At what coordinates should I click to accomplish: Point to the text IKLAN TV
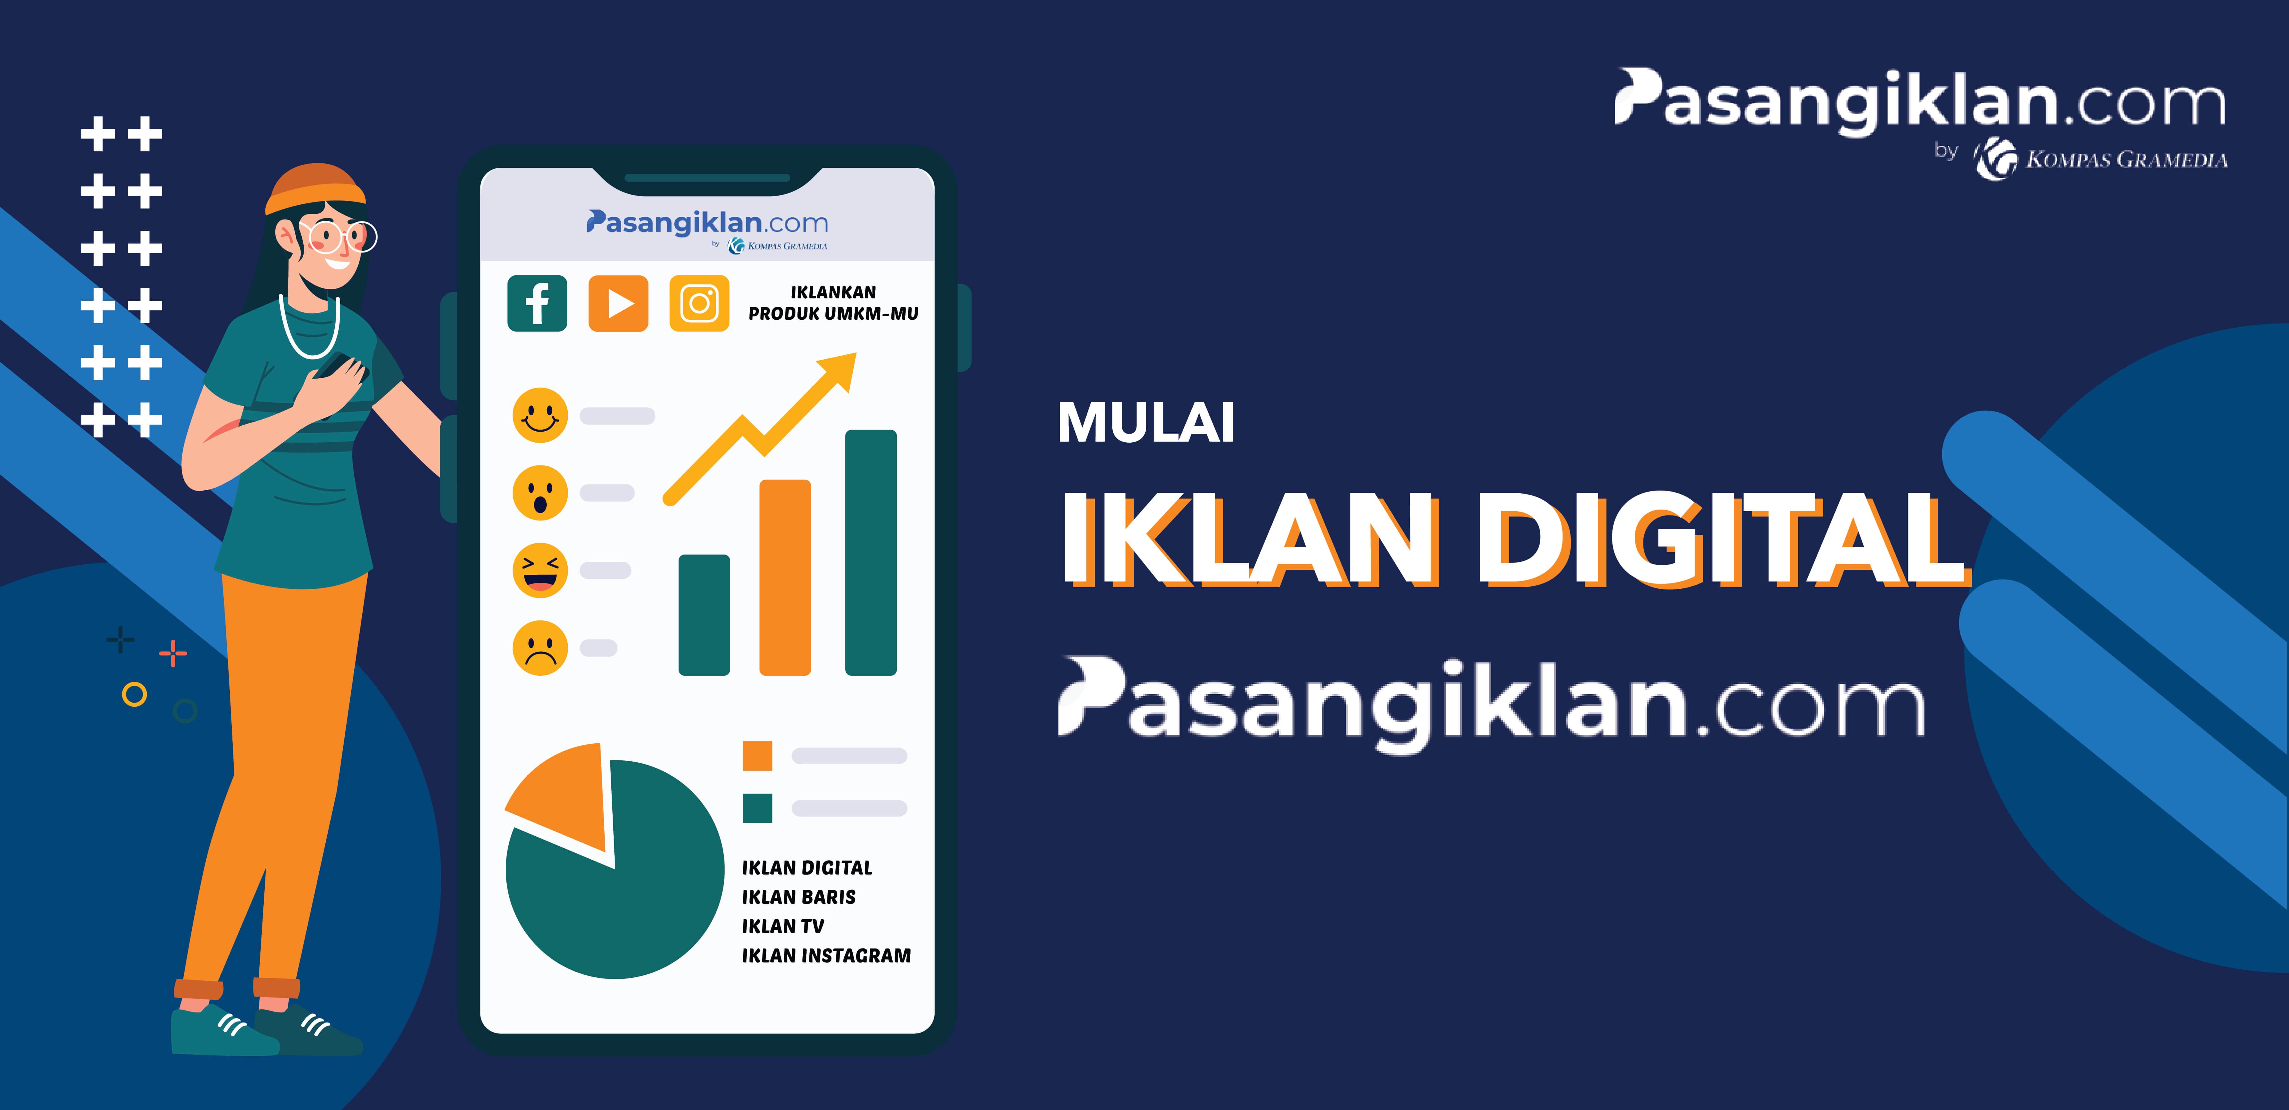coord(783,926)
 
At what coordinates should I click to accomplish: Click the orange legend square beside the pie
coord(757,755)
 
